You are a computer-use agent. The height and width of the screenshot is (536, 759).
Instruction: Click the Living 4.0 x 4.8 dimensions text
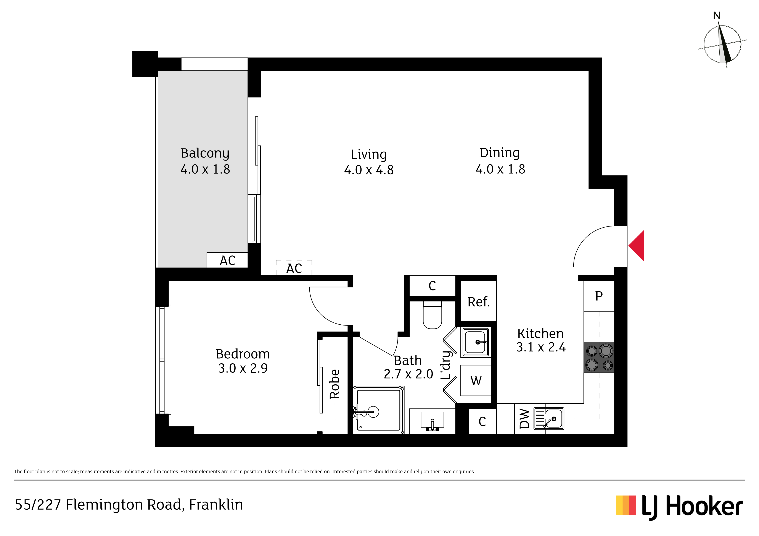point(369,170)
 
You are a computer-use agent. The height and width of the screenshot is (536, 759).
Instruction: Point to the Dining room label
point(500,153)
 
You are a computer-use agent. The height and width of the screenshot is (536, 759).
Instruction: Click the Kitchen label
point(540,333)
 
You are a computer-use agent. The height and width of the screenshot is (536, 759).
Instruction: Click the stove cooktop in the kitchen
point(599,357)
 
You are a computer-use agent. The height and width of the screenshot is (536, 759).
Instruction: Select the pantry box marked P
point(599,296)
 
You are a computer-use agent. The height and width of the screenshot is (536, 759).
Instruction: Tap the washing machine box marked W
point(476,380)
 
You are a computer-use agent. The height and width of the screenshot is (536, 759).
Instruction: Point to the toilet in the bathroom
point(432,315)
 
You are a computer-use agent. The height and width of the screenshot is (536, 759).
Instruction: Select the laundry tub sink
point(476,342)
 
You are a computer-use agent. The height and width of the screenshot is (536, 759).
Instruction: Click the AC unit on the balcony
point(227,260)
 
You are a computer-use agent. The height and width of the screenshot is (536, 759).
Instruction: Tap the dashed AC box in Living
point(294,268)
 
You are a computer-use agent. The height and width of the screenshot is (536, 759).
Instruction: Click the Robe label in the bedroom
point(334,384)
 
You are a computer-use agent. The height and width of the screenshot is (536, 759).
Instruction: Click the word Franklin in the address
point(216,505)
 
